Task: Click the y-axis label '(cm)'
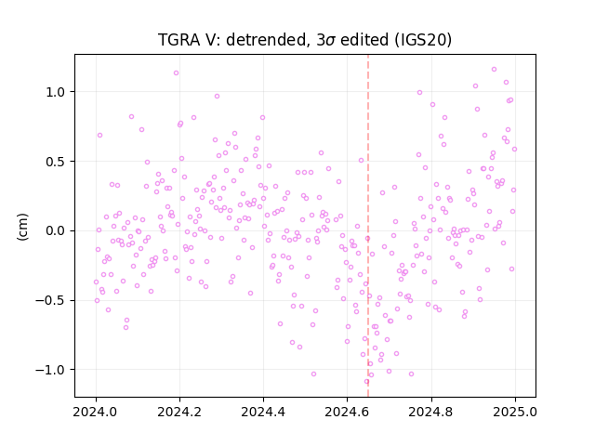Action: coord(22,227)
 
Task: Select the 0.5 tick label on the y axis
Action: coord(56,162)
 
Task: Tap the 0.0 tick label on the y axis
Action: coord(56,231)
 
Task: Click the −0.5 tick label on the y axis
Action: coord(51,300)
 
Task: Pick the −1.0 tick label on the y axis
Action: coord(51,370)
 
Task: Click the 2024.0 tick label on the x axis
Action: coord(96,412)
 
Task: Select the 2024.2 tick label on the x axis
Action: coord(179,412)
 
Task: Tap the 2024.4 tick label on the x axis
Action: coord(263,412)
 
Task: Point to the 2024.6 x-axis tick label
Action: coord(347,412)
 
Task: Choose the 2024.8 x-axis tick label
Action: coord(431,412)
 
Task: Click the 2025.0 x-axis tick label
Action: coord(515,412)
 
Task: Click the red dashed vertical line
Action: coord(368,226)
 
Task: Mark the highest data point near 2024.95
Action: coord(494,70)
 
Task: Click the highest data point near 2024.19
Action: coord(176,72)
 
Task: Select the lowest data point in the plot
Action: coord(366,382)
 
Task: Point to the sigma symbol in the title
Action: coord(331,41)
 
